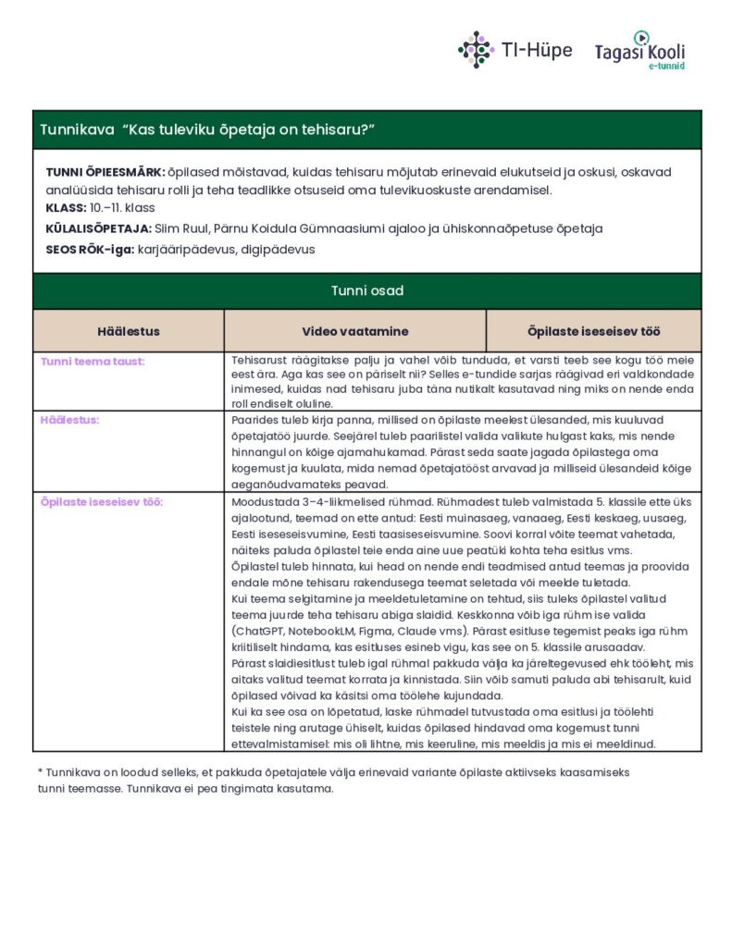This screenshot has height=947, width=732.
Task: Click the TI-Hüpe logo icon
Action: [x=476, y=49]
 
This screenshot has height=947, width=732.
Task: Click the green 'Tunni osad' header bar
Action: [x=366, y=290]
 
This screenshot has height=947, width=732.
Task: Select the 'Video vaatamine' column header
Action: [x=354, y=331]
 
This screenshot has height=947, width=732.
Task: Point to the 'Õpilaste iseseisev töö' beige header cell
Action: [x=593, y=331]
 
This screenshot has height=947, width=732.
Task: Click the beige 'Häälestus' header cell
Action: [x=129, y=331]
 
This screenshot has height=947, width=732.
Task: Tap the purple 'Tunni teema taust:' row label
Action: [x=93, y=362]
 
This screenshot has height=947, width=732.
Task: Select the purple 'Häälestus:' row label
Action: [x=69, y=420]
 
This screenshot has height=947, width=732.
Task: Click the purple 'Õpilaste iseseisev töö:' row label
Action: [x=102, y=502]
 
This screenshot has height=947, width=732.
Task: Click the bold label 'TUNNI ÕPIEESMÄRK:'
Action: [x=105, y=172]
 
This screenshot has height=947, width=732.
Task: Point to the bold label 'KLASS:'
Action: [x=66, y=208]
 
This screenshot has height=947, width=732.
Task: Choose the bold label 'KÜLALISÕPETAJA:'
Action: [x=98, y=228]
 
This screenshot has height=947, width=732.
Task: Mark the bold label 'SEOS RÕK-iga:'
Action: [x=90, y=249]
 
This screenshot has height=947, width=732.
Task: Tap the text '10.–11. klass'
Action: [x=122, y=208]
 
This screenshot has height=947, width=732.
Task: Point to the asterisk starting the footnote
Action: [x=41, y=771]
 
